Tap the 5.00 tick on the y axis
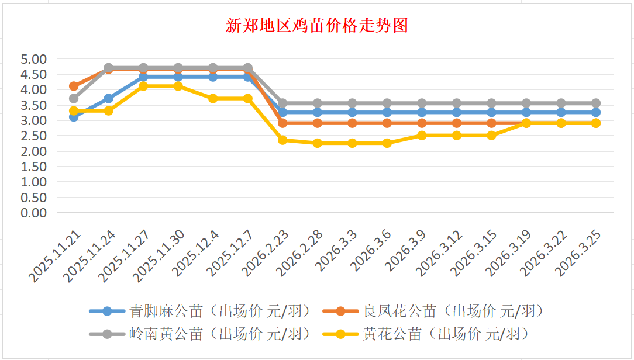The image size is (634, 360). pos(33,59)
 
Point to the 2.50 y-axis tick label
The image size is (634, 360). pos(33,136)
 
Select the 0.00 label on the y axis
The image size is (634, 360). pos(33,213)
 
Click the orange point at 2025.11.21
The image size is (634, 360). pos(74,86)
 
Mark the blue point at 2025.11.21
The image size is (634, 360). pos(74,117)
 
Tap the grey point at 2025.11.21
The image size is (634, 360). pos(74,99)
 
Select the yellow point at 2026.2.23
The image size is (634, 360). pos(282,140)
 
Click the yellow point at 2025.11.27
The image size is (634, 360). pos(143,86)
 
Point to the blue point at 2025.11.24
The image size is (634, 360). pos(109,99)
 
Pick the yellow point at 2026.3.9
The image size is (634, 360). pos(422,136)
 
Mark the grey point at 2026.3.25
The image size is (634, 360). pos(596,103)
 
